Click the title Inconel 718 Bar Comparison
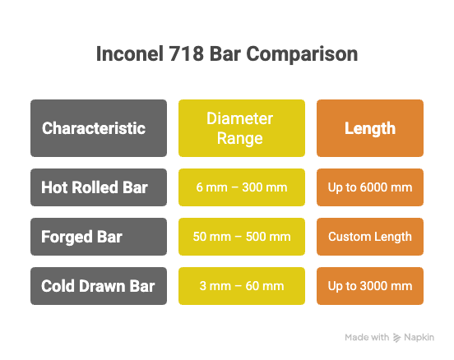tap(227, 55)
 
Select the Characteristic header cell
tap(99, 128)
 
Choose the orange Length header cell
tap(370, 128)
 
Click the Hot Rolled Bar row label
tap(99, 187)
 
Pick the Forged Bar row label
tap(99, 237)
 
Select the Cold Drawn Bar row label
tap(99, 286)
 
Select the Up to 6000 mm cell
tap(370, 187)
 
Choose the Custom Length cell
tap(370, 237)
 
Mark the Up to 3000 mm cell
tap(370, 286)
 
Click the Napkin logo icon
tap(398, 337)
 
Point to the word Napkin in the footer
tap(422, 337)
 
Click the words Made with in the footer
tap(366, 337)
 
